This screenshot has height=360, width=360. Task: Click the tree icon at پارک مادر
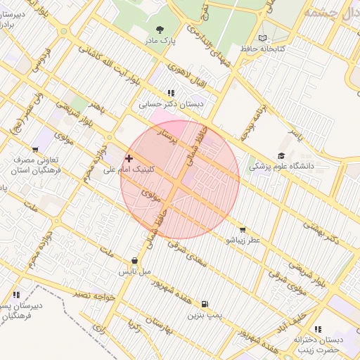(x=160, y=30)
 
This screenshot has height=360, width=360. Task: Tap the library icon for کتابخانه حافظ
(x=263, y=37)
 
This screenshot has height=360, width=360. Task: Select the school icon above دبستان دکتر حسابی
(x=171, y=93)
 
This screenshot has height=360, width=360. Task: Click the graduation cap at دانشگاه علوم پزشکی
(x=281, y=156)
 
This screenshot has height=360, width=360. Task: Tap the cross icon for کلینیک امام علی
(x=129, y=159)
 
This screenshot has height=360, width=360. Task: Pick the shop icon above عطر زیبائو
(x=243, y=229)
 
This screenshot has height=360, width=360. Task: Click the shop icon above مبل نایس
(x=134, y=260)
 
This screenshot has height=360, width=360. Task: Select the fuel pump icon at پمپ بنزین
(x=205, y=304)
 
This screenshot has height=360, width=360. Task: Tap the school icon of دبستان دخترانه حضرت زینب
(x=319, y=328)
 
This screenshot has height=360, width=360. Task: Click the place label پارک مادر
(x=160, y=41)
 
